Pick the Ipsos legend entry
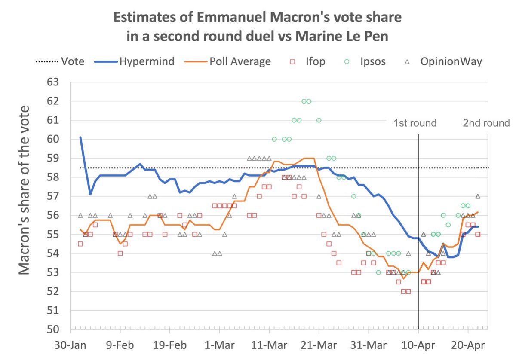tap(372, 61)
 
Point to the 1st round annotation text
tap(415, 123)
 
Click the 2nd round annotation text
tap(486, 123)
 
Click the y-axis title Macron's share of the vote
tap(25, 189)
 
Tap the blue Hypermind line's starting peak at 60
tap(80, 137)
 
